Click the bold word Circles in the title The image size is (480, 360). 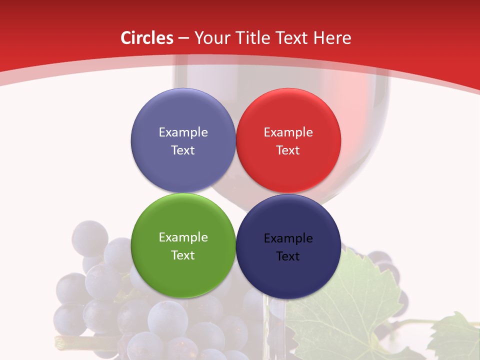pos(147,38)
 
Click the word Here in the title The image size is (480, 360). pos(332,38)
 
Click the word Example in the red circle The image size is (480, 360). pos(288,132)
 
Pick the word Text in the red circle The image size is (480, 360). pos(288,150)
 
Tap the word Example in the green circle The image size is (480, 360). pos(183,237)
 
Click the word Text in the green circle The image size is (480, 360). pos(183,255)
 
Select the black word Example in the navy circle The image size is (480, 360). pos(288,238)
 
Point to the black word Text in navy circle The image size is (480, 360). pos(288,256)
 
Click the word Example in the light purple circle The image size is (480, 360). pos(183,132)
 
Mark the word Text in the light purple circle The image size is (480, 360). pos(183,150)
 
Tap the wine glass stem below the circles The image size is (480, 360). pos(277,325)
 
